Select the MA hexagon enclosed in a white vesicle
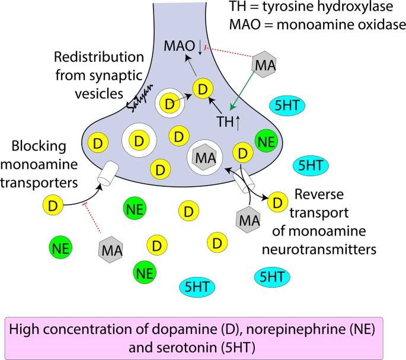204,158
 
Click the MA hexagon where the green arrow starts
264,65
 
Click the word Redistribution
99,58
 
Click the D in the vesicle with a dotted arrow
171,104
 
